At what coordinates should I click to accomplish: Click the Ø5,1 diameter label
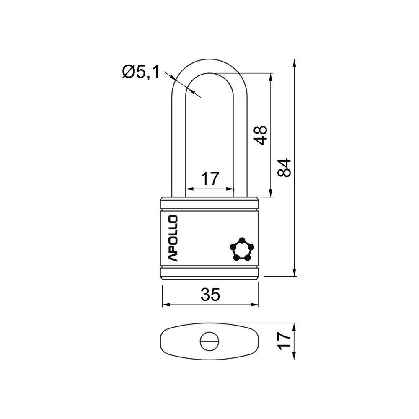point(140,72)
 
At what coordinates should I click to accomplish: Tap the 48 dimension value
point(261,135)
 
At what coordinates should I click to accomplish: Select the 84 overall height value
point(284,168)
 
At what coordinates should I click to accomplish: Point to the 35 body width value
point(210,295)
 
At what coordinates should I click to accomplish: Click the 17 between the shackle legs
point(210,179)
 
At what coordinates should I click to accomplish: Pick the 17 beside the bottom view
point(284,341)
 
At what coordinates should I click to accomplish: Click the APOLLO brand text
point(172,238)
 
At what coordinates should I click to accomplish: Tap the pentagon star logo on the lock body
point(242,249)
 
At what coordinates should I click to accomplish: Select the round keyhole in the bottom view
point(209,341)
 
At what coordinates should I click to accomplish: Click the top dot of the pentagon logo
point(242,240)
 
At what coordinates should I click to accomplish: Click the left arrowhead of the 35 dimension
point(166,305)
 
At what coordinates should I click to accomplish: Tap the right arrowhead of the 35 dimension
point(255,305)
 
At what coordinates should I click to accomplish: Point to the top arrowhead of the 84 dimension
point(295,63)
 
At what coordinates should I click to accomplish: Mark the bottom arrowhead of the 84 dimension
point(295,272)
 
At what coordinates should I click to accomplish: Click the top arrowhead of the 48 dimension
point(271,77)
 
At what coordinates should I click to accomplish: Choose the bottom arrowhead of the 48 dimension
point(271,193)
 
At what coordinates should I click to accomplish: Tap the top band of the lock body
point(209,203)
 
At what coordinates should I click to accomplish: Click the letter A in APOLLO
point(172,257)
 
